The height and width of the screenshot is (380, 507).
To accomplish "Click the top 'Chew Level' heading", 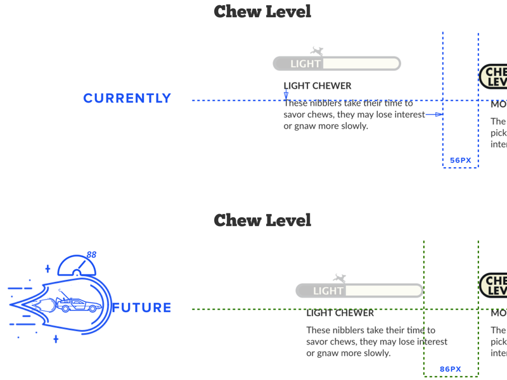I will point(262,11).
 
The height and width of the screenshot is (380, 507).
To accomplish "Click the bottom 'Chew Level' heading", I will point(262,220).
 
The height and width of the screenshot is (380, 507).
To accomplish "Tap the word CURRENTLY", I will point(127,98).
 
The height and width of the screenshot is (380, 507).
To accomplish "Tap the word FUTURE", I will point(142,308).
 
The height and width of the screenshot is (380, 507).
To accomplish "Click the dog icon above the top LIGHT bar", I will point(317,51).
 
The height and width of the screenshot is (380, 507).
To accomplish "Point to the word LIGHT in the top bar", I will point(305,63).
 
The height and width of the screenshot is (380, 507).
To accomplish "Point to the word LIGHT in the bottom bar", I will point(328,291).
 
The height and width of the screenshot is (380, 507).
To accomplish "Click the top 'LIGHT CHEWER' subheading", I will point(318,85).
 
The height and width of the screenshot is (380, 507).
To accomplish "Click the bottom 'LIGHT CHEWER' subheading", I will point(340,313).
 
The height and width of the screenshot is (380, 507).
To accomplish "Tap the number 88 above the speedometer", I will point(91,255).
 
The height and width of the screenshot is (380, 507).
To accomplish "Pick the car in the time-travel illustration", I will point(79,305).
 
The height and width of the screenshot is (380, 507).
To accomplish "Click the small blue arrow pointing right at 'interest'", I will point(434,115).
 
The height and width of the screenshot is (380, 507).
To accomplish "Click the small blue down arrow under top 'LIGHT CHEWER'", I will point(286,95).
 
